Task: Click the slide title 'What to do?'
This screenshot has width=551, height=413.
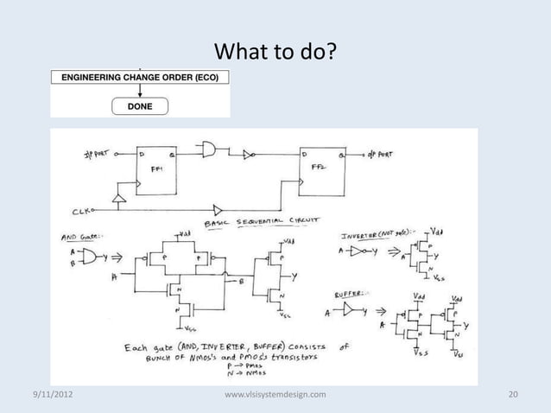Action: [275, 54]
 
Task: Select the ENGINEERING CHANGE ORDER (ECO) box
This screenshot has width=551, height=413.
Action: [140, 77]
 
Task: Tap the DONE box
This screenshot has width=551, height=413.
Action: [140, 107]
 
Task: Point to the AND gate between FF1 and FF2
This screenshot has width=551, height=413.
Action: [209, 151]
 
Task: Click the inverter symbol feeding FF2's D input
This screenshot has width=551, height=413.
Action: [248, 155]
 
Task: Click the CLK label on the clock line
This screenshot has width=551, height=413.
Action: [81, 209]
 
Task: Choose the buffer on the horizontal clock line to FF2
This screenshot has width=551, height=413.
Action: [217, 208]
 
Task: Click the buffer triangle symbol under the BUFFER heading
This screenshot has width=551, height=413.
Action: [349, 308]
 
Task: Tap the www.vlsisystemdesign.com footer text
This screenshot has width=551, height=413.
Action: [275, 395]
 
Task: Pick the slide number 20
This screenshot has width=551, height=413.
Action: [513, 395]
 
